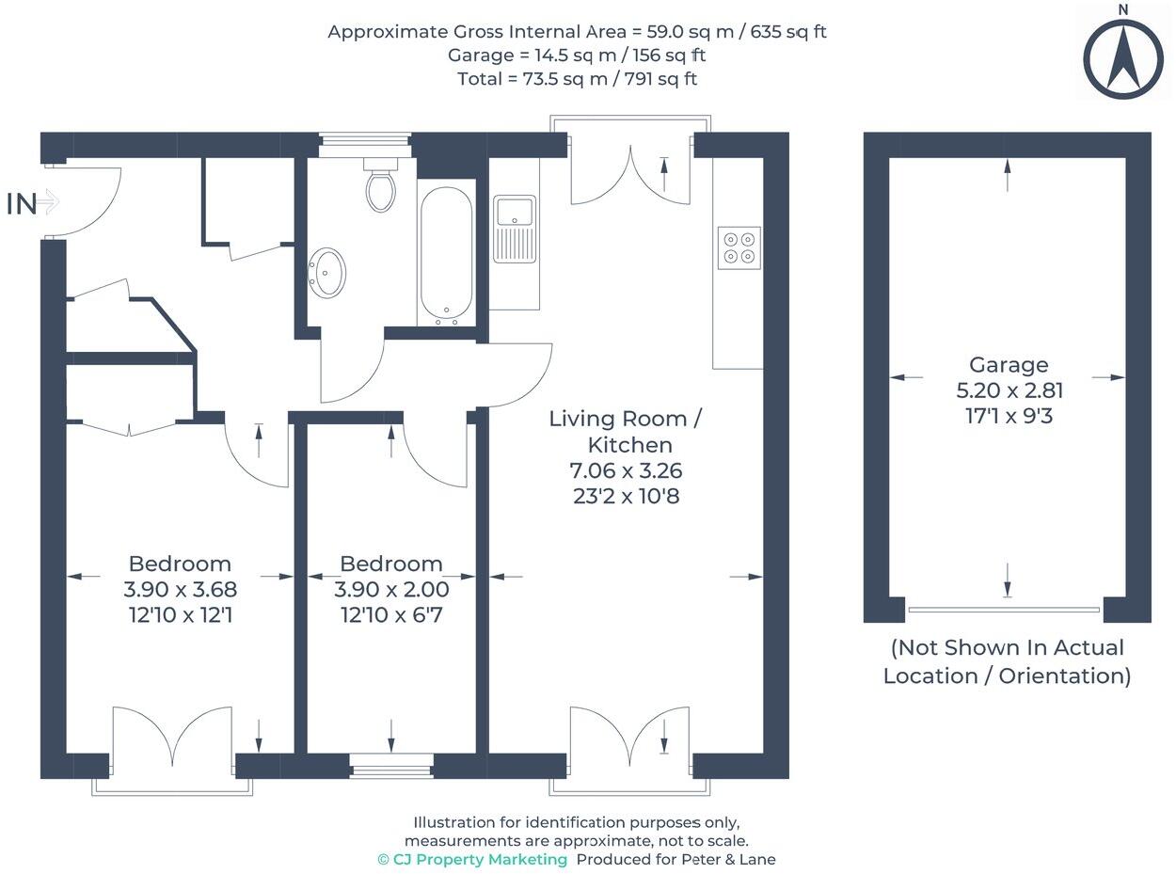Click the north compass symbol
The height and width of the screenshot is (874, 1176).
[x=1123, y=58]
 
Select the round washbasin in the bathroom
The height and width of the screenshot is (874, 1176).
[x=326, y=273]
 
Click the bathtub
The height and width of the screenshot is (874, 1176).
[x=446, y=256]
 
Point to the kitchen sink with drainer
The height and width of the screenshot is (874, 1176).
[x=515, y=230]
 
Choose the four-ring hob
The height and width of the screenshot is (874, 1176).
[x=739, y=247]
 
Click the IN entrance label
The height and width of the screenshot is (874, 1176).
[x=22, y=204]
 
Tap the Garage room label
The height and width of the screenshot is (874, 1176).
[x=1009, y=365]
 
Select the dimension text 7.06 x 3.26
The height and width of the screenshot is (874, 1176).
[x=626, y=470]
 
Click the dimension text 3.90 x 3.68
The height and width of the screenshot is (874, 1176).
[x=181, y=589]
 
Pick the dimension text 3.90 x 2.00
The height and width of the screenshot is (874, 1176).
[x=391, y=589]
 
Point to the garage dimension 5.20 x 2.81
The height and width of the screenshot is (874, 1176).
[x=1009, y=390]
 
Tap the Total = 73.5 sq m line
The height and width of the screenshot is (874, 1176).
[x=577, y=79]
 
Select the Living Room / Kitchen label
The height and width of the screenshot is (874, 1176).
[x=626, y=432]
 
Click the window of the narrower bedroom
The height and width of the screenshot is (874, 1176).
[x=391, y=766]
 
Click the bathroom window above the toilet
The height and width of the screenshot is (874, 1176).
[x=365, y=145]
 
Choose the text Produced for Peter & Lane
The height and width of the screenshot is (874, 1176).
[x=676, y=859]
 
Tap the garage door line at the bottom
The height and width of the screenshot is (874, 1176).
[x=1004, y=610]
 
